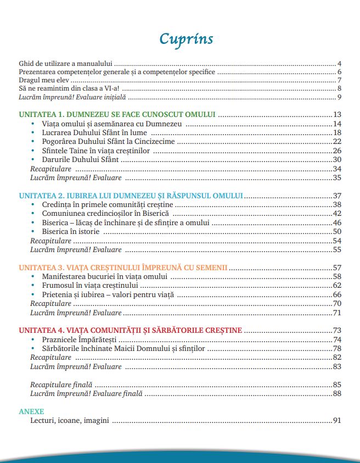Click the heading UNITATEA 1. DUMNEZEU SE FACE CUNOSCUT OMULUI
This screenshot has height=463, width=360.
(116, 115)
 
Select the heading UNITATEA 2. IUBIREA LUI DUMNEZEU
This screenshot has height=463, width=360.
(131, 196)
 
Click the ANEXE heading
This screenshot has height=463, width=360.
(31, 411)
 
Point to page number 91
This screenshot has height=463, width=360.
(337, 421)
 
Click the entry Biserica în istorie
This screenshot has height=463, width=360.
(72, 232)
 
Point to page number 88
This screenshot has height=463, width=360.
(337, 393)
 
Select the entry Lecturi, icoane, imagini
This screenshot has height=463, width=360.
(70, 421)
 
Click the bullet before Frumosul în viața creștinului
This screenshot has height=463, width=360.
(33, 286)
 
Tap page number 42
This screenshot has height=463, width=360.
(337, 214)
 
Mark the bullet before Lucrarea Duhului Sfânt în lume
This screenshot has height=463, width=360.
(33, 133)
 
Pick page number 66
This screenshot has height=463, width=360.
(337, 295)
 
